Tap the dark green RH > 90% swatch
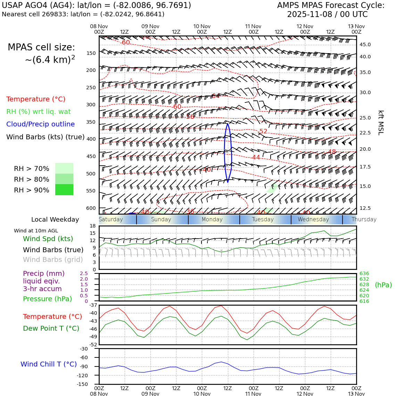click(x=64, y=190)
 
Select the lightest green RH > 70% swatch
click(x=64, y=168)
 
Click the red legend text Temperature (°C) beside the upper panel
click(x=36, y=99)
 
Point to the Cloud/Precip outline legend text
click(x=40, y=124)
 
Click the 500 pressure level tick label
click(x=91, y=174)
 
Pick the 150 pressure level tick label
click(x=91, y=53)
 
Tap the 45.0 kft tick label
click(x=365, y=44)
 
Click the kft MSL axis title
click(x=381, y=123)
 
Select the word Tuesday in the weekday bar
click(x=263, y=220)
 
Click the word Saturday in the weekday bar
click(x=111, y=220)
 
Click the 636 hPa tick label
click(x=364, y=273)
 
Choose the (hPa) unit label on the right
click(x=383, y=285)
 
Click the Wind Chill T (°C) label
click(x=49, y=364)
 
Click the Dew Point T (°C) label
click(x=51, y=328)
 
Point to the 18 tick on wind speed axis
click(x=93, y=226)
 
